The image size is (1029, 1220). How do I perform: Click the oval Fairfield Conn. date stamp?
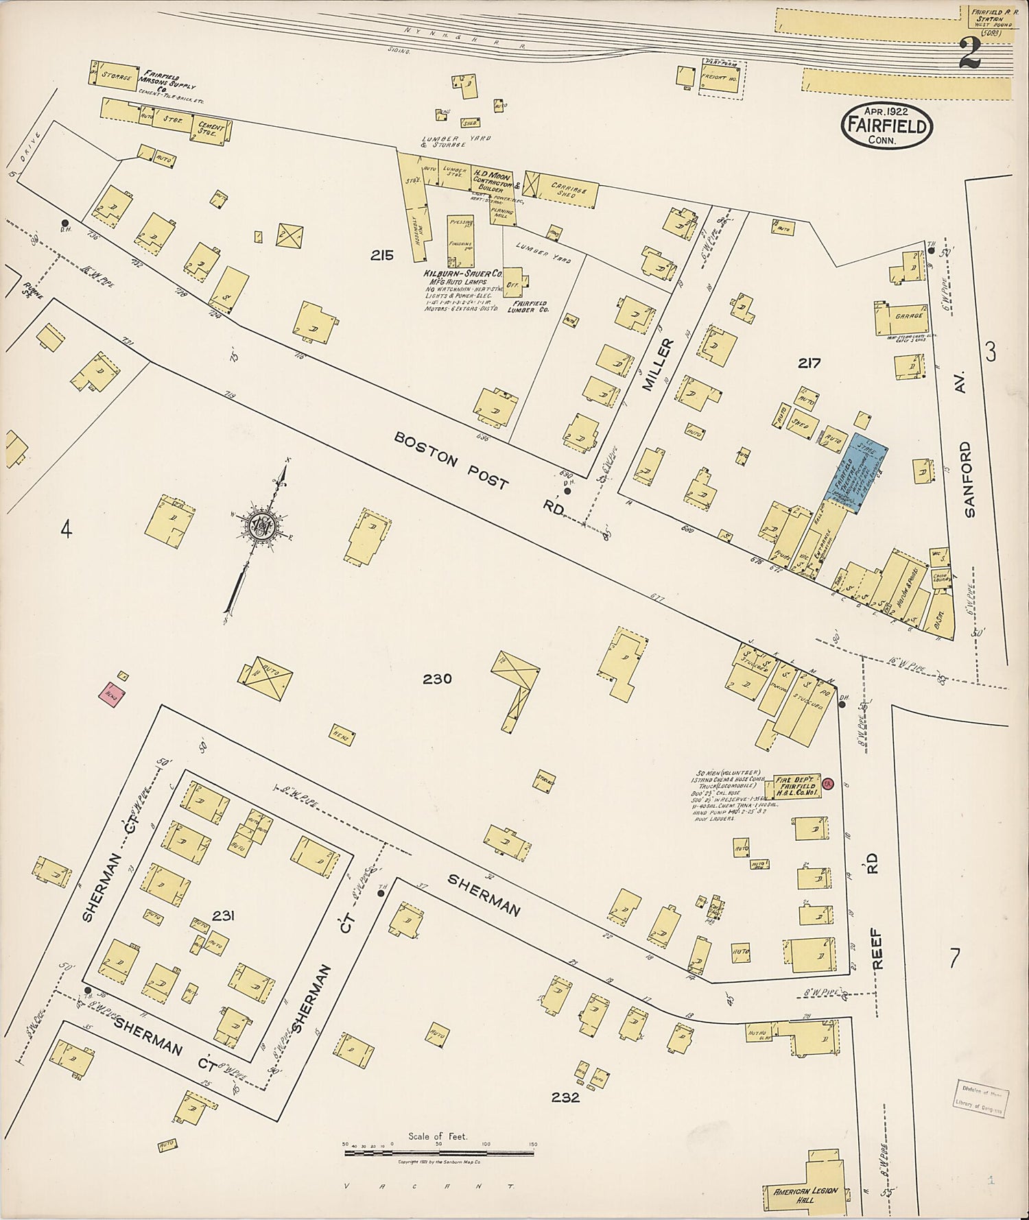(x=887, y=125)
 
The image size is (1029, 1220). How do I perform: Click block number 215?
(x=381, y=256)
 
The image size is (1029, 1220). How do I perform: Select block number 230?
(x=437, y=679)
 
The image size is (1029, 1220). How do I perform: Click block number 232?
(x=565, y=1097)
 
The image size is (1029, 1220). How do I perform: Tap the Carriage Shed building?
(x=560, y=190)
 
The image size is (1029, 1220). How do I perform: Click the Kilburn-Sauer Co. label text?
(x=456, y=274)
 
